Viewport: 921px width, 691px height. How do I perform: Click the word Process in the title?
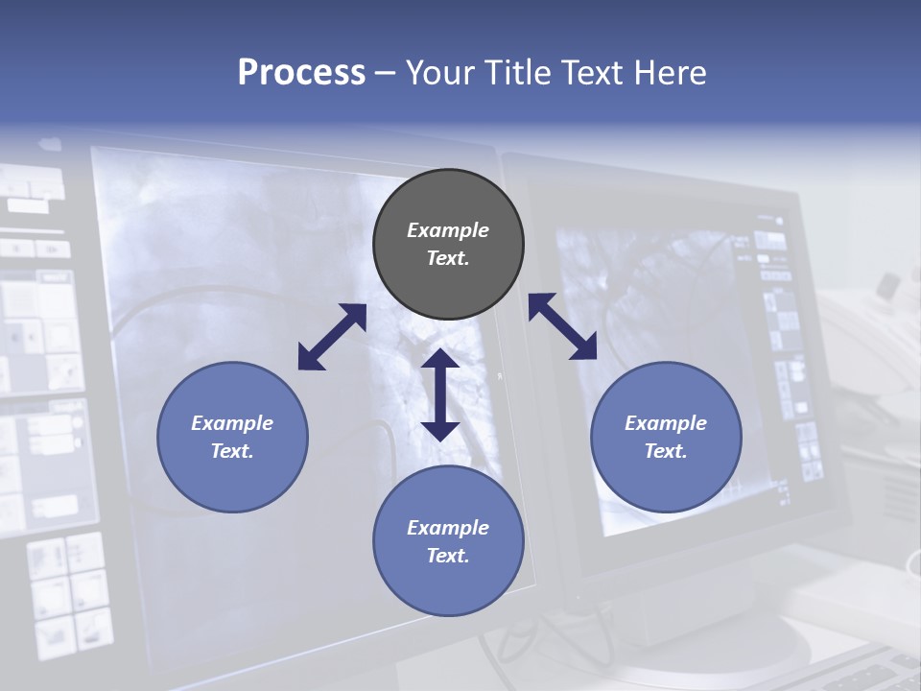(x=301, y=72)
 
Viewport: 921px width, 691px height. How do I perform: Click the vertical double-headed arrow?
(x=440, y=394)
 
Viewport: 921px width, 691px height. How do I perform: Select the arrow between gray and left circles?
(x=332, y=337)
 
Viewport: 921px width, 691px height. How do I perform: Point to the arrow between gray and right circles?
(x=562, y=326)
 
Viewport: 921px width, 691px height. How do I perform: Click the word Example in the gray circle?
(x=448, y=230)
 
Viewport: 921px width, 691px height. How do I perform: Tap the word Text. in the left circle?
(x=232, y=451)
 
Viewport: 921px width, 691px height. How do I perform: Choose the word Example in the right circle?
(x=666, y=423)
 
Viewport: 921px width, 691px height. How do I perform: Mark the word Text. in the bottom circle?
(x=448, y=556)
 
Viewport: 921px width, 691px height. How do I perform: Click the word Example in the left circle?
(x=232, y=423)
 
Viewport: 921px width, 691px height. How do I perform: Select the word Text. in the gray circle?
(x=448, y=258)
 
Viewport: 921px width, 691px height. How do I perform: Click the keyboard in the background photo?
(x=863, y=672)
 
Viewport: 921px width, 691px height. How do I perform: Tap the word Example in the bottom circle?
(x=448, y=528)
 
